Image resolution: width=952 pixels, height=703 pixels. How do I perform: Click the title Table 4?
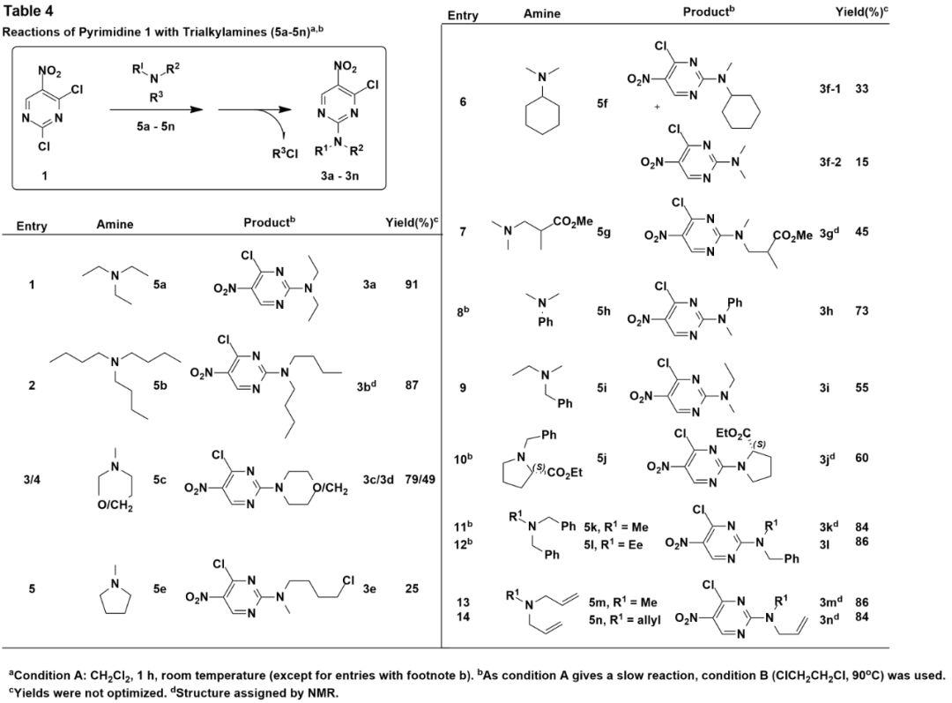[x=31, y=11]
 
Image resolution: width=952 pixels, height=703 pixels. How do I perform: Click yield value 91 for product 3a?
[x=412, y=285]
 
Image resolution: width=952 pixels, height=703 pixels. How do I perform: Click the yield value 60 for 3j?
[x=862, y=458]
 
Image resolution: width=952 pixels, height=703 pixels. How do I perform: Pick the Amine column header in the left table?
[x=115, y=224]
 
